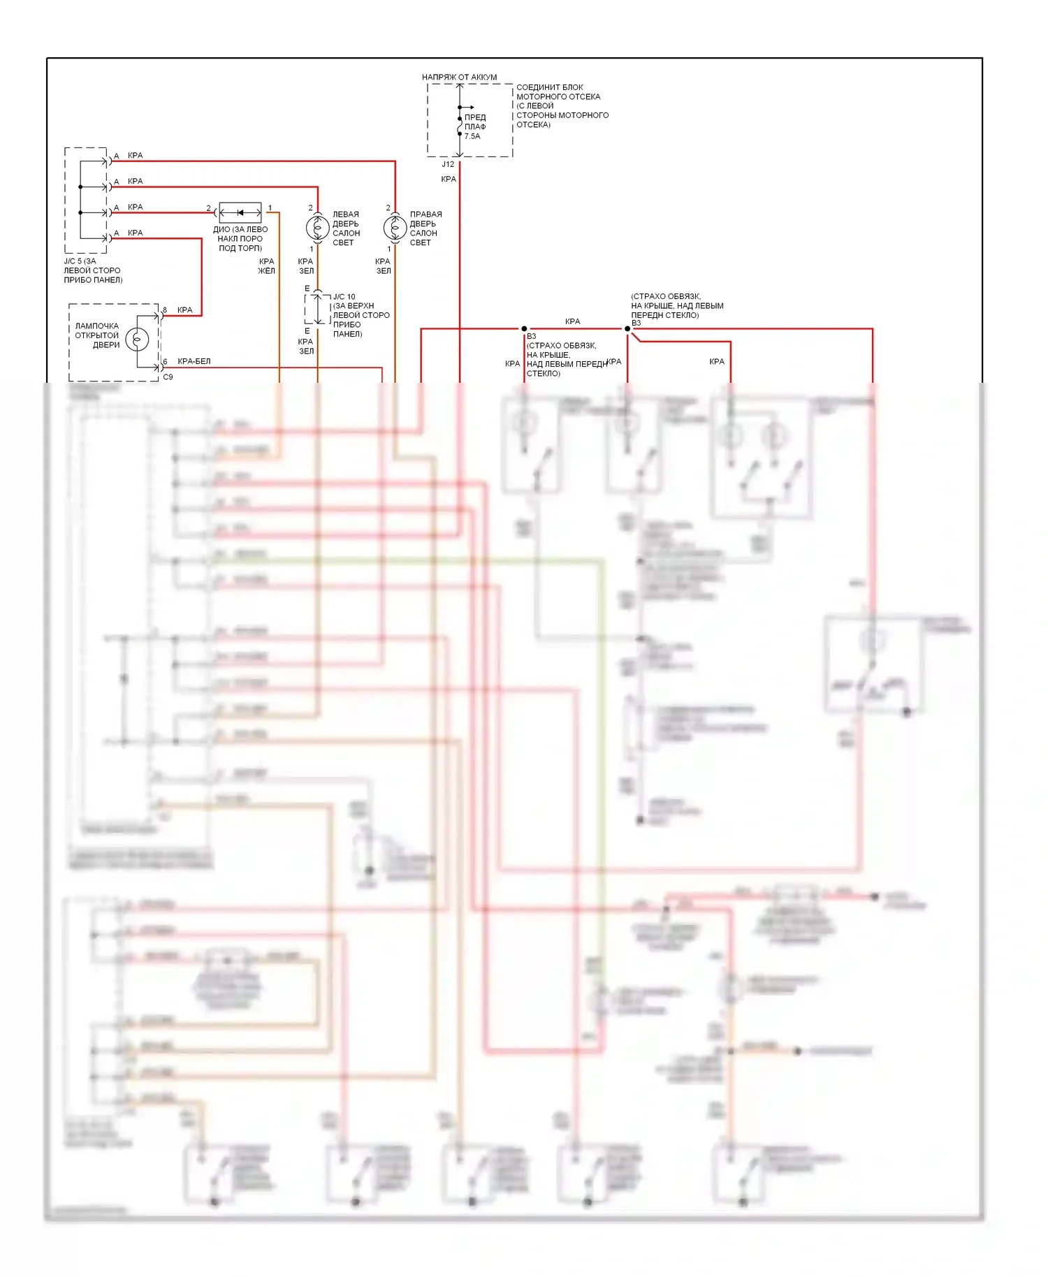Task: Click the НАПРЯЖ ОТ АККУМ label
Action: point(459,77)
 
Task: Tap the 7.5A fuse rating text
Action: point(472,136)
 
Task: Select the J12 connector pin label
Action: point(448,164)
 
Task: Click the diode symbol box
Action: point(240,212)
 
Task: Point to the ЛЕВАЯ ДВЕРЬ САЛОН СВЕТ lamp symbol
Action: point(318,227)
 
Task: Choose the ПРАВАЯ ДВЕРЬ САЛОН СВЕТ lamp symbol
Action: point(395,227)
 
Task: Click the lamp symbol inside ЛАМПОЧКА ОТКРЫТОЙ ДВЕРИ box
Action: point(137,340)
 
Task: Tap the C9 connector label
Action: point(168,377)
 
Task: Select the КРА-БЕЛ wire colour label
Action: point(194,361)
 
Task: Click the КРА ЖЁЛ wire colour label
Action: point(266,266)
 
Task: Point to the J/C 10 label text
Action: point(344,297)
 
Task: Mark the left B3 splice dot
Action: point(524,328)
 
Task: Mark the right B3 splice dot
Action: point(627,328)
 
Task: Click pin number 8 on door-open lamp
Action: point(165,309)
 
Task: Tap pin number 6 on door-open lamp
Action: point(165,362)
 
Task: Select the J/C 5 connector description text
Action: point(93,270)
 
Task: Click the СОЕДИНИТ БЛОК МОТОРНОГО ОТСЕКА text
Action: point(562,105)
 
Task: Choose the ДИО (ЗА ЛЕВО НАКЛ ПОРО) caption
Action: point(240,238)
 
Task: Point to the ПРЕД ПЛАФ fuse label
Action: point(475,122)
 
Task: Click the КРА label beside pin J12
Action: point(448,180)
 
